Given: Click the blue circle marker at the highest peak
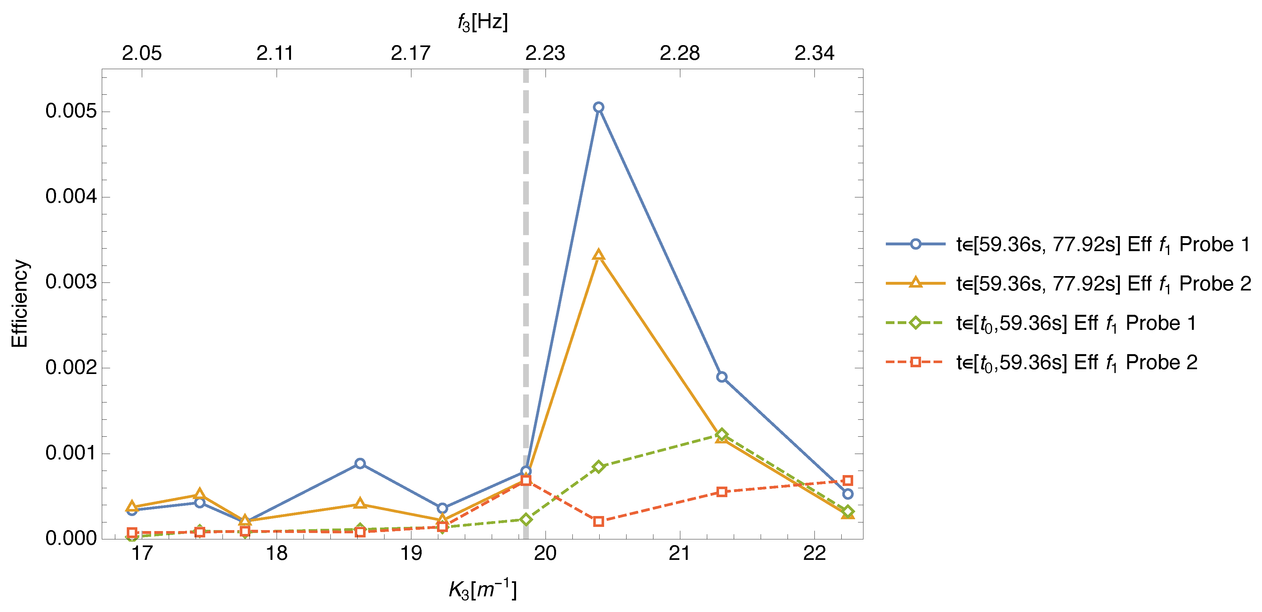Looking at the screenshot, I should click(x=598, y=107).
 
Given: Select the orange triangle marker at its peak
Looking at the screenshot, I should click(x=598, y=255).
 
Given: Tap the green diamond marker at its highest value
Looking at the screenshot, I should click(x=721, y=434).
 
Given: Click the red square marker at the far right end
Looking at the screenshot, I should click(x=848, y=480).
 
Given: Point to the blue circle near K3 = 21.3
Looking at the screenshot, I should click(x=722, y=377).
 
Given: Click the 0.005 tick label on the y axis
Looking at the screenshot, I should click(x=71, y=111).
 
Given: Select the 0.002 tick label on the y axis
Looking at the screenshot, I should click(x=71, y=368).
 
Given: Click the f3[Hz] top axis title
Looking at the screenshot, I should click(x=482, y=22).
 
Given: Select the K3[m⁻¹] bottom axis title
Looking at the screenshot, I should click(x=482, y=590).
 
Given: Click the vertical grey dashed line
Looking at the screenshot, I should click(x=526, y=245).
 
